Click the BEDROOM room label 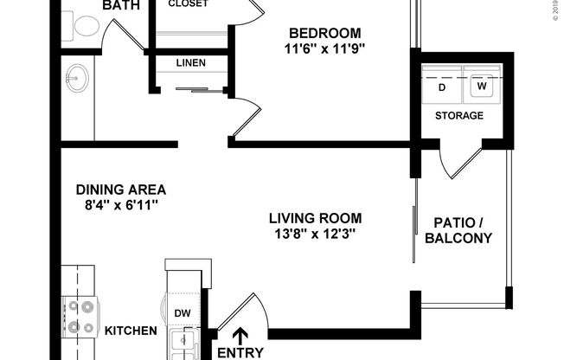pyautogui.click(x=326, y=33)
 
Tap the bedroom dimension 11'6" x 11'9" pyautogui.click(x=326, y=48)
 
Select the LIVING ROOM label pyautogui.click(x=314, y=218)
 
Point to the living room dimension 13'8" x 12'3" pyautogui.click(x=314, y=234)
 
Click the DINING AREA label pyautogui.click(x=120, y=190)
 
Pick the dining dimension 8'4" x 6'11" pyautogui.click(x=120, y=206)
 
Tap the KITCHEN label pyautogui.click(x=131, y=331)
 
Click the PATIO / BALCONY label pyautogui.click(x=462, y=230)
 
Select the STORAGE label pyautogui.click(x=458, y=115)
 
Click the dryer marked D pyautogui.click(x=442, y=87)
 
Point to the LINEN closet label pyautogui.click(x=190, y=63)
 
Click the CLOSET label pyautogui.click(x=188, y=3)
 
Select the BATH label pyautogui.click(x=121, y=6)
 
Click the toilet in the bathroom pyautogui.click(x=86, y=27)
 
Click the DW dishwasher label pyautogui.click(x=183, y=313)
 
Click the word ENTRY pyautogui.click(x=240, y=352)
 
